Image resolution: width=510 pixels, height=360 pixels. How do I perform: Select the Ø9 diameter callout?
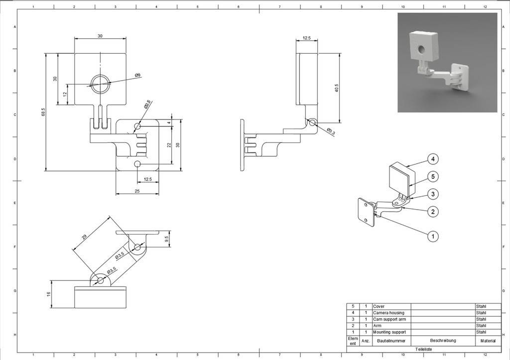pos(137,75)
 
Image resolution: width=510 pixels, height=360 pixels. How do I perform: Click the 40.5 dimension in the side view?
pos(337,88)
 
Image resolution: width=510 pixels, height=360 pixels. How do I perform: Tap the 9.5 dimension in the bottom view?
pos(167,238)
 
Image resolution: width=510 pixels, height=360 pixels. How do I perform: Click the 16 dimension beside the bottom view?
pos(49,294)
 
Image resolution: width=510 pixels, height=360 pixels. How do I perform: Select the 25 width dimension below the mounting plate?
pos(137,191)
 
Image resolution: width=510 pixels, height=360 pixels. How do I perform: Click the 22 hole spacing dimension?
pos(169,145)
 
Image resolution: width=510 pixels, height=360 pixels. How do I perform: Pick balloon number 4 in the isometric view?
pos(433,159)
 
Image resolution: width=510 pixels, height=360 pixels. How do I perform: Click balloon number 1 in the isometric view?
pos(433,237)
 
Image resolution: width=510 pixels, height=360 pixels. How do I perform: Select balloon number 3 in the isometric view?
pos(433,194)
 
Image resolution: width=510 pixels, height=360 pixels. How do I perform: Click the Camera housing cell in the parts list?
pos(388,313)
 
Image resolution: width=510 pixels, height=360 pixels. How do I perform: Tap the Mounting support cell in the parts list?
pos(389,332)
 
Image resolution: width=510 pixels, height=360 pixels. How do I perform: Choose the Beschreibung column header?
pos(443,341)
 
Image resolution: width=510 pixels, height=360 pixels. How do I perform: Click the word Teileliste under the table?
pos(424,350)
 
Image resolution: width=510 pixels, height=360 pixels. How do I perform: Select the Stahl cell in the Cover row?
pos(481,306)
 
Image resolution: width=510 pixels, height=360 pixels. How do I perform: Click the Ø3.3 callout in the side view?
pos(331,131)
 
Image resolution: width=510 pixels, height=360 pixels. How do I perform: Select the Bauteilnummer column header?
pos(391,341)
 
